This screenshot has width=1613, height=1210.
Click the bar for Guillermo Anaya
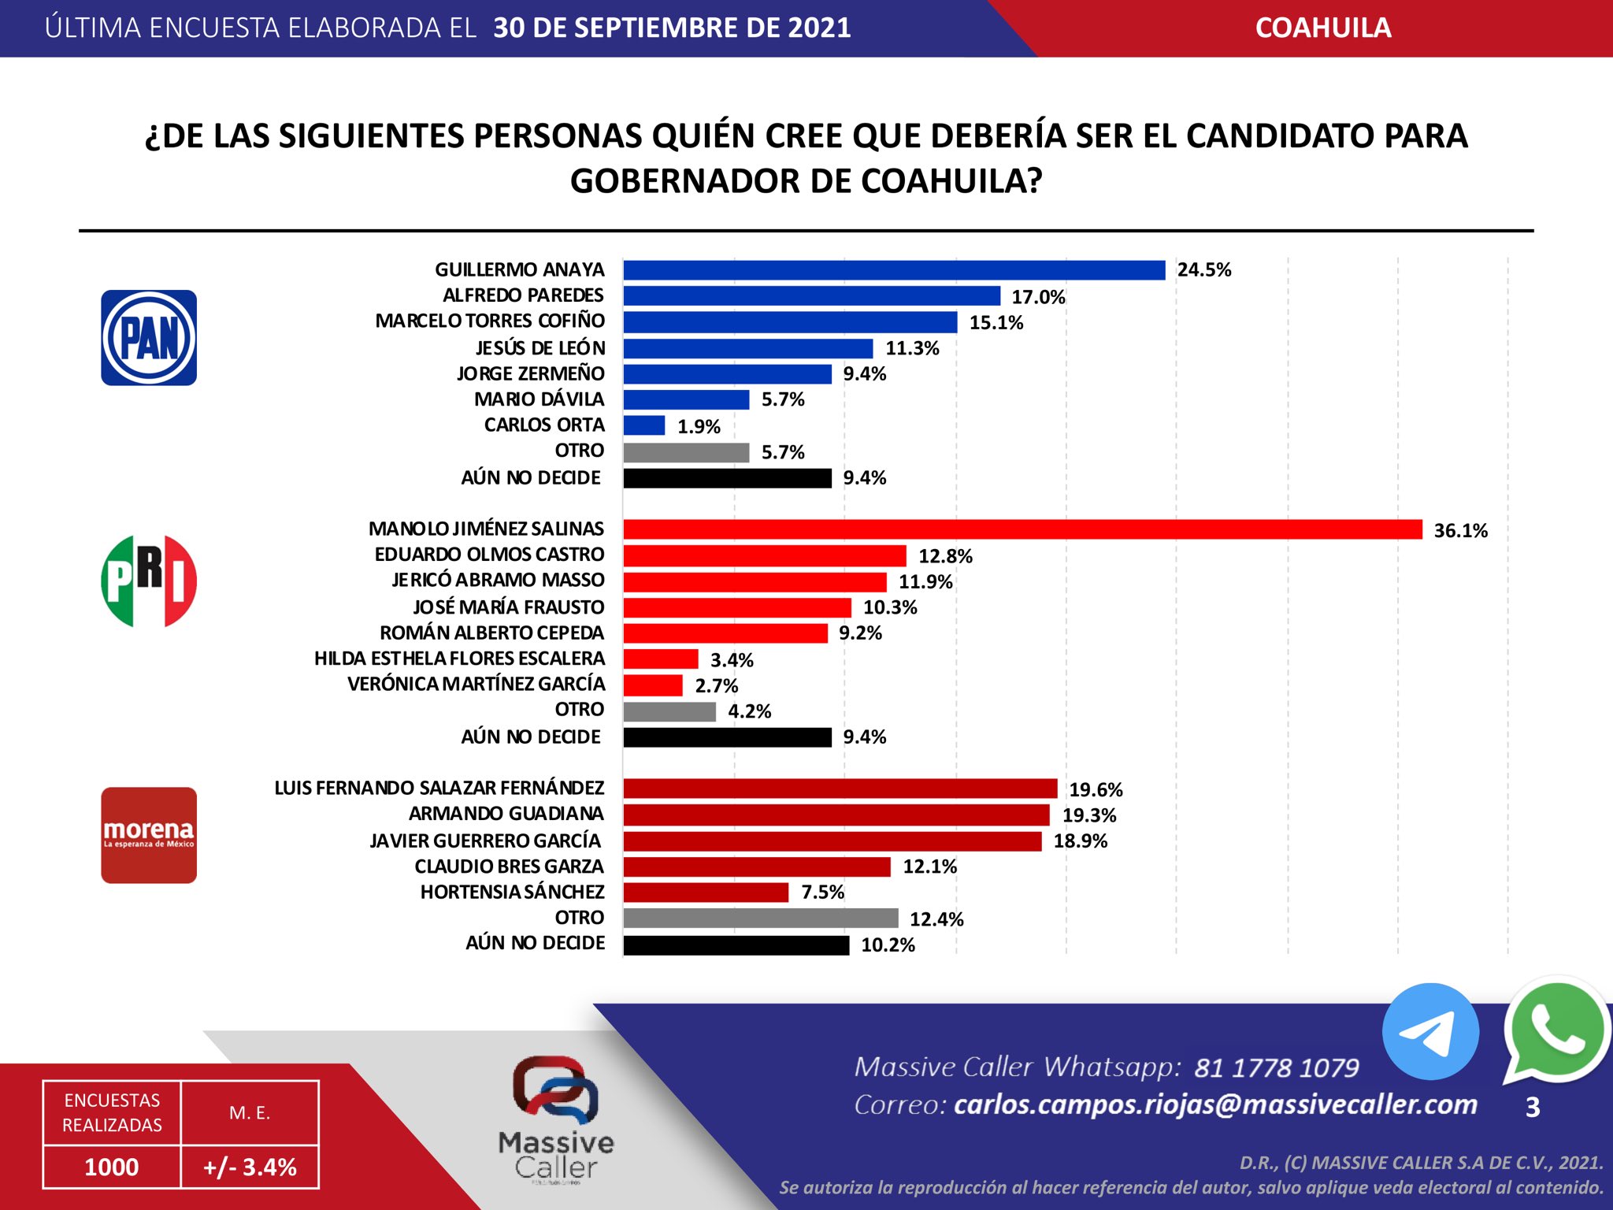[894, 270]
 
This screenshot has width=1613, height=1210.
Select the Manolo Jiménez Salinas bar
[1022, 529]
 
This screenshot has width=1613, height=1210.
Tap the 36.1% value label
[1460, 531]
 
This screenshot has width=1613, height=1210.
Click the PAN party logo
[149, 338]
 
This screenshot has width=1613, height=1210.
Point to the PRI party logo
[149, 581]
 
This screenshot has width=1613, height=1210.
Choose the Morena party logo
[149, 835]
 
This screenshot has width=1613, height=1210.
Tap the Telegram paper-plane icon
[1429, 1031]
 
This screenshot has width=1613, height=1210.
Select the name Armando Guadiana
[506, 814]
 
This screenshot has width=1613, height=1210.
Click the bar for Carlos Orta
[644, 425]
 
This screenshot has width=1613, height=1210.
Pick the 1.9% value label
[699, 427]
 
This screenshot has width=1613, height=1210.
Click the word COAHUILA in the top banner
[1322, 28]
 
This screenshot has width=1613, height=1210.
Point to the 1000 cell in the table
[112, 1167]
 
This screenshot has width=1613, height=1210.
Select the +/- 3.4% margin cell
[250, 1167]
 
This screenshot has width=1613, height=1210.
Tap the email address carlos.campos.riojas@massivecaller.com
[1215, 1104]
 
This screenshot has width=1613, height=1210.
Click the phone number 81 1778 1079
[1276, 1067]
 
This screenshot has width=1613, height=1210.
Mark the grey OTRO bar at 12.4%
[760, 919]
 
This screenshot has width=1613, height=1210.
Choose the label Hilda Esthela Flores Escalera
[459, 659]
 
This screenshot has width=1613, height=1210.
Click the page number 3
[1532, 1108]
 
